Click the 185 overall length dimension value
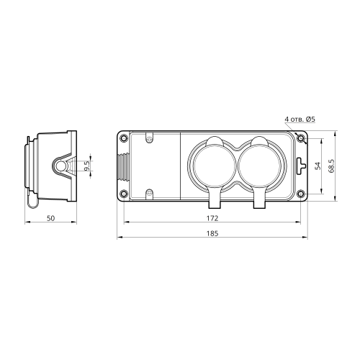[x=212, y=233]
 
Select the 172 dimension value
[x=212, y=218]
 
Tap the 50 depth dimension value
[x=50, y=218]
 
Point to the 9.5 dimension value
[x=87, y=166]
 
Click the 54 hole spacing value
[x=318, y=166]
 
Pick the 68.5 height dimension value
[x=332, y=166]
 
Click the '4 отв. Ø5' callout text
[x=300, y=119]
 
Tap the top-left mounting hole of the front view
[x=124, y=138]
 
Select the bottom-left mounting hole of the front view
[x=124, y=193]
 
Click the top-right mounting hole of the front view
[x=301, y=138]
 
